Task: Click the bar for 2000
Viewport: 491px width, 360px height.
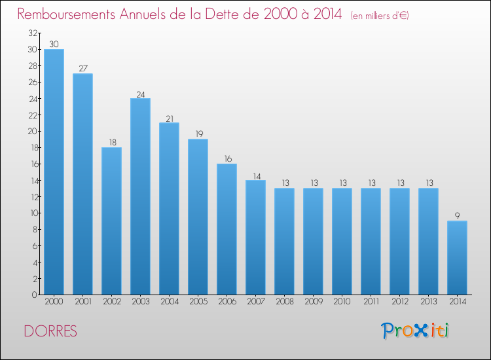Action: pos(54,172)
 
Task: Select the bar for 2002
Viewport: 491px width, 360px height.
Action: pos(111,221)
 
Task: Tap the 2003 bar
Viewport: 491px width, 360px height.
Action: pos(140,196)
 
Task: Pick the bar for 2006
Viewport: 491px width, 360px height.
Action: pos(227,229)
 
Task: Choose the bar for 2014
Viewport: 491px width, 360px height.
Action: pos(457,258)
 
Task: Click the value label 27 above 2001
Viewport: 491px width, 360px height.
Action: pos(83,68)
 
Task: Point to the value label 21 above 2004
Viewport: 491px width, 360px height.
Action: pos(170,119)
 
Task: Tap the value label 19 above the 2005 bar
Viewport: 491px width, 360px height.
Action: pos(199,134)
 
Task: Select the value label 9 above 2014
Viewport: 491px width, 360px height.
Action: pos(457,216)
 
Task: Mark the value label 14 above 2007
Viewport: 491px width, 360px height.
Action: pos(257,177)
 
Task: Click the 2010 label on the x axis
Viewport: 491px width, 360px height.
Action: pos(342,302)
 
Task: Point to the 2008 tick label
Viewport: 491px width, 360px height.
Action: pos(285,302)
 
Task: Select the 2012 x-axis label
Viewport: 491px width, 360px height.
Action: pos(400,302)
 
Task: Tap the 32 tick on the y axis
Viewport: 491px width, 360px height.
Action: pos(33,33)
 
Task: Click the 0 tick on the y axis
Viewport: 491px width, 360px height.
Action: pos(34,295)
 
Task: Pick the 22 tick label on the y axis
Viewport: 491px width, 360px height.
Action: pos(33,115)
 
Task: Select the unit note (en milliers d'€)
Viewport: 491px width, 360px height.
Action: pos(380,16)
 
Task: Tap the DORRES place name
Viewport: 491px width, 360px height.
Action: pos(50,331)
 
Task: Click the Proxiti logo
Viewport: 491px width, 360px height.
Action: pos(415,331)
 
